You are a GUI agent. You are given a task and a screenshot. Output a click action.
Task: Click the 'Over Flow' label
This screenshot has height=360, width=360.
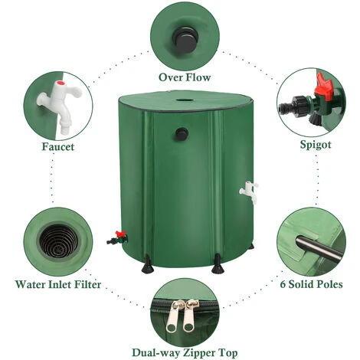point(184,77)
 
